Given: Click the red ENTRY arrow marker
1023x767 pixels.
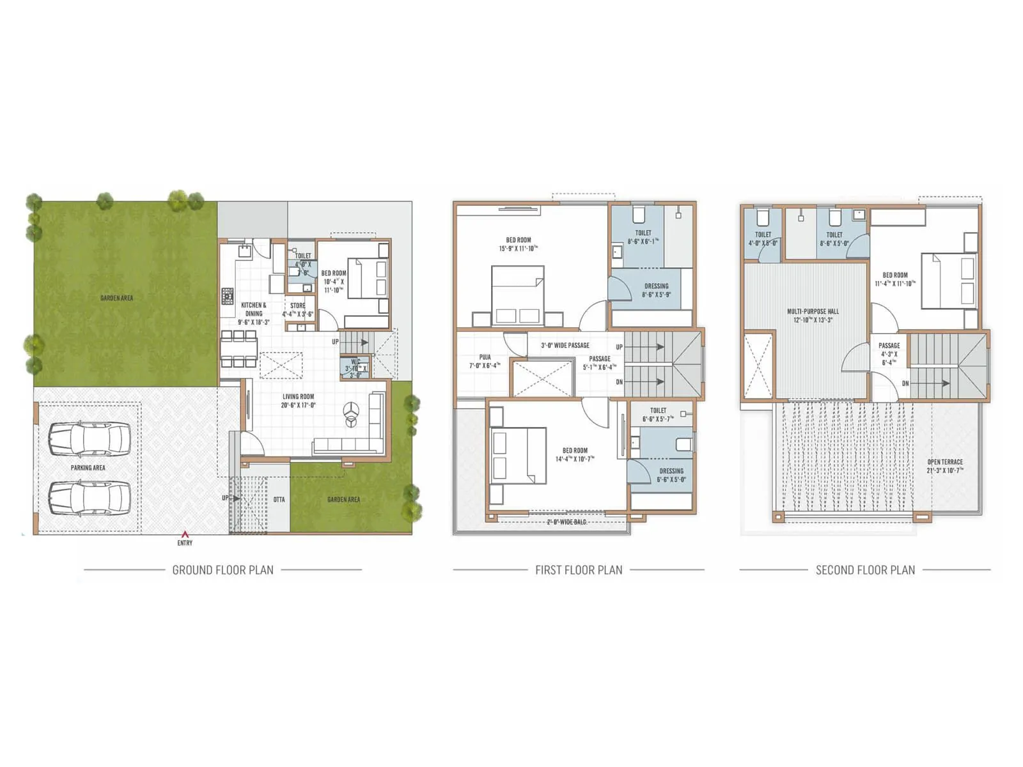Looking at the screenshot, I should (x=185, y=534).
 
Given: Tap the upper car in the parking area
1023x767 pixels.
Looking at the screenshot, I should (x=90, y=438).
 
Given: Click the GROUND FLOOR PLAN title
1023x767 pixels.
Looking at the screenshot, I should (x=223, y=569).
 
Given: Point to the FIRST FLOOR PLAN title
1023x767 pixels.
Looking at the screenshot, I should (x=579, y=569).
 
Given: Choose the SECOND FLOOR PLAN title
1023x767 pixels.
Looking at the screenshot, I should (x=865, y=569).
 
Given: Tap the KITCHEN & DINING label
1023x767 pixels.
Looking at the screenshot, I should (x=254, y=309).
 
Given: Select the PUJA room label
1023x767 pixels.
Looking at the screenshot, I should (x=485, y=358).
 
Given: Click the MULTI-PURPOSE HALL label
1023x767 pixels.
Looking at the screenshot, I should (x=813, y=312).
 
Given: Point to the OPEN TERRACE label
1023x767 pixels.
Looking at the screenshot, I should (x=945, y=462).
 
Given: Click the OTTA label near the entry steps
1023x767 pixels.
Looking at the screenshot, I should (x=279, y=499).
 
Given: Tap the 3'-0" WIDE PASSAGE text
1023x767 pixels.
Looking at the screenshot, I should (x=565, y=345).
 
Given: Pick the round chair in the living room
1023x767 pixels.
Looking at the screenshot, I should (x=351, y=414).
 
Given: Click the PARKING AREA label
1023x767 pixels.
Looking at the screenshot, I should (x=88, y=468).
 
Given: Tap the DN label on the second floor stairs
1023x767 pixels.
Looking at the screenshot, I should (x=905, y=383).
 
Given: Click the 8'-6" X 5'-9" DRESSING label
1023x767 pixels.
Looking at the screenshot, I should (x=656, y=286).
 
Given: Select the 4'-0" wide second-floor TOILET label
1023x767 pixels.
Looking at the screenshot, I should (x=763, y=235).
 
